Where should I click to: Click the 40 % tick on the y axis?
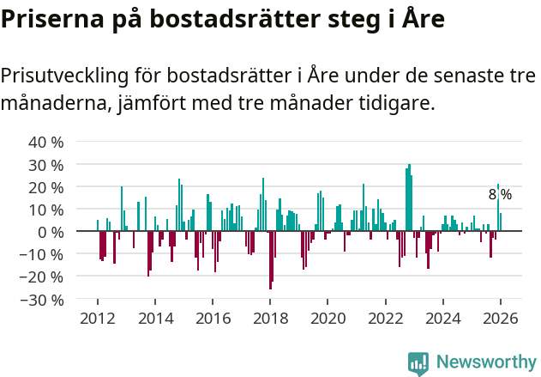pyautogui.click(x=47, y=142)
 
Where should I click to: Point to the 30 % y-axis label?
pyautogui.click(x=47, y=164)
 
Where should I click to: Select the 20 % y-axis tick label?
pyautogui.click(x=47, y=187)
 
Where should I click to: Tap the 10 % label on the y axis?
pyautogui.click(x=47, y=210)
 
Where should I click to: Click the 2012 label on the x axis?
pyautogui.click(x=97, y=318)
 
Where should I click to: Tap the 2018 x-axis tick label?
pyautogui.click(x=270, y=318)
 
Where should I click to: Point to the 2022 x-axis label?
pyautogui.click(x=386, y=318)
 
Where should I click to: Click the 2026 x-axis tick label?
pyautogui.click(x=501, y=318)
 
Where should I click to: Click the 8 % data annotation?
pyautogui.click(x=500, y=195)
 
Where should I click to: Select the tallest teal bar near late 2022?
pyautogui.click(x=410, y=198)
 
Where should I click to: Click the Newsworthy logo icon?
pyautogui.click(x=418, y=362)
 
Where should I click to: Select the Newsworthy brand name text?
pyautogui.click(x=485, y=362)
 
